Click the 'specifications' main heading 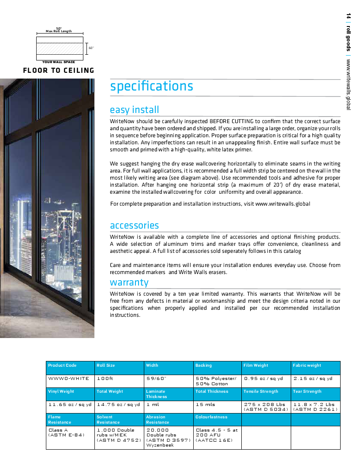151,86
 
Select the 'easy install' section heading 134,109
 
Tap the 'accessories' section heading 134,225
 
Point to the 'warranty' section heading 129,282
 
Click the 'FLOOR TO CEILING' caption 59,70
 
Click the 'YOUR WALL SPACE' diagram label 59,62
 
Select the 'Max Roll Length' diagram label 59,31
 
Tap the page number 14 348,17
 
